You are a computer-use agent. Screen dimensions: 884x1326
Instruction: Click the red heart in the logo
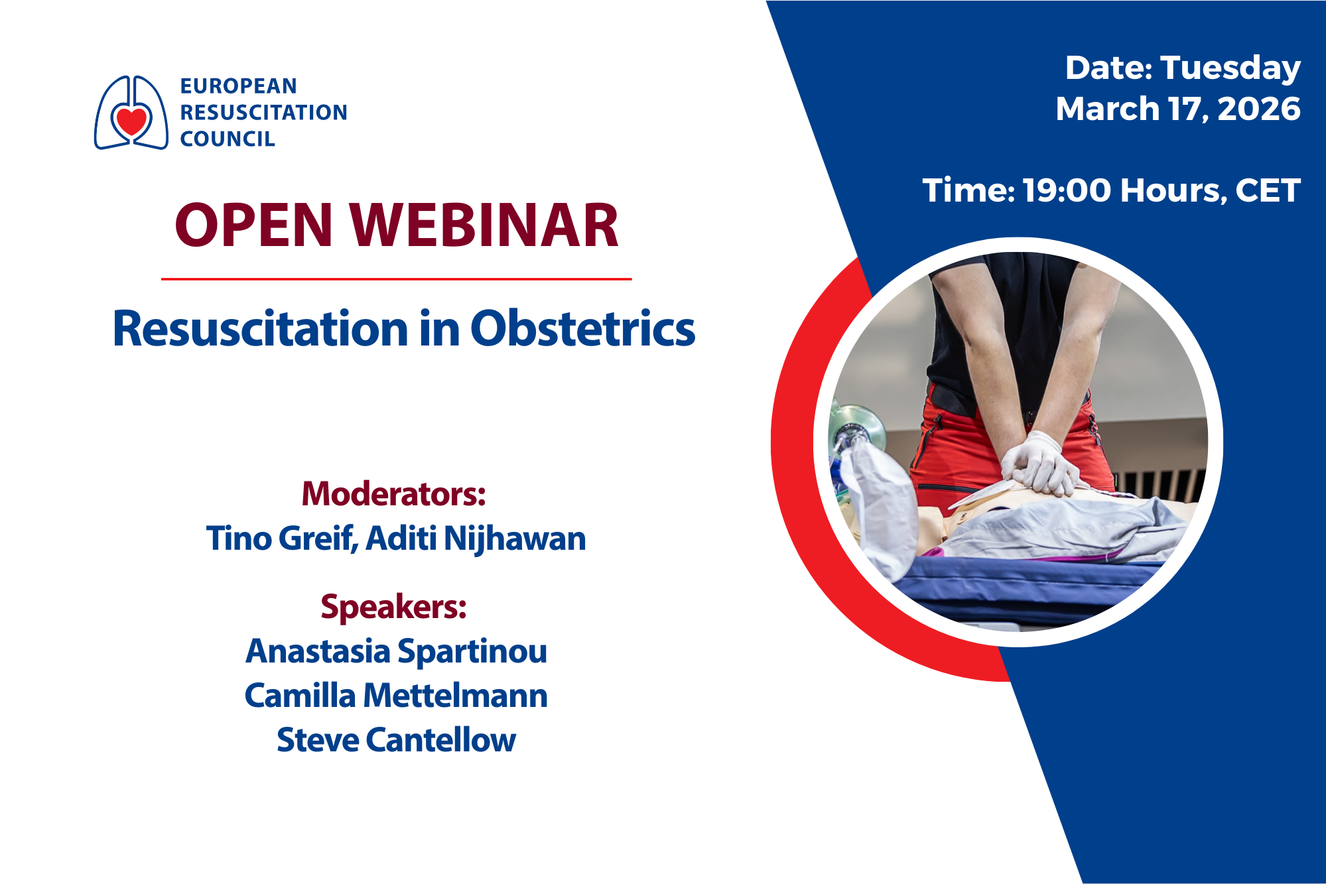pyautogui.click(x=131, y=121)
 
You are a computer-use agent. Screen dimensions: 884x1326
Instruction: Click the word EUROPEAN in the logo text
pyautogui.click(x=238, y=86)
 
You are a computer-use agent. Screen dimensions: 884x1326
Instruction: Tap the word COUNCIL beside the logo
pyautogui.click(x=228, y=139)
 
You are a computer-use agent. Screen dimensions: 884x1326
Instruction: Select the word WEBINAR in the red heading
pyautogui.click(x=484, y=226)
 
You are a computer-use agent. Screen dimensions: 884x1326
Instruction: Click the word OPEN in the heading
pyautogui.click(x=253, y=226)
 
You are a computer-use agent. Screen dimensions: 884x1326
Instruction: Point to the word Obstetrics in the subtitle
pyautogui.click(x=582, y=329)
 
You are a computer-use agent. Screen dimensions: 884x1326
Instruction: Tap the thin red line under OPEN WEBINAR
pyautogui.click(x=396, y=279)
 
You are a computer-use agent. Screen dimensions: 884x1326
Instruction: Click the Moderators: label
pyautogui.click(x=394, y=494)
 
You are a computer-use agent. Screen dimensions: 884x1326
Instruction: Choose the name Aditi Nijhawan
pyautogui.click(x=476, y=538)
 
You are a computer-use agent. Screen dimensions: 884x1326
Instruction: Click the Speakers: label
pyautogui.click(x=394, y=606)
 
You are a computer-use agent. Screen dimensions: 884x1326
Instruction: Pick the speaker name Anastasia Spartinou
pyautogui.click(x=396, y=651)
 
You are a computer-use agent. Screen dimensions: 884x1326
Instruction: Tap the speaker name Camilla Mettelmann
pyautogui.click(x=396, y=696)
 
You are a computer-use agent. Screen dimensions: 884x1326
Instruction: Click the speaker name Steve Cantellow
pyautogui.click(x=396, y=740)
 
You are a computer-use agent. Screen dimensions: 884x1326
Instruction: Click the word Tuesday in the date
pyautogui.click(x=1230, y=68)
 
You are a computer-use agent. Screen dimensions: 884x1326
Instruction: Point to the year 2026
pyautogui.click(x=1258, y=109)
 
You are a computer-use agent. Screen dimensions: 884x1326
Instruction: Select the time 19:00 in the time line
pyautogui.click(x=1066, y=191)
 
